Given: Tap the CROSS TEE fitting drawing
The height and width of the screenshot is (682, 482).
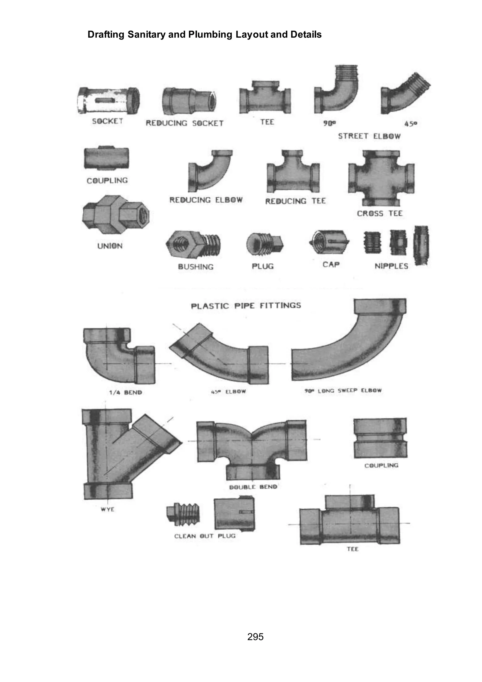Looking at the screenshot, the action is coord(381,178).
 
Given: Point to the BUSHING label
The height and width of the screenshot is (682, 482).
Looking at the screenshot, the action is coord(196,267).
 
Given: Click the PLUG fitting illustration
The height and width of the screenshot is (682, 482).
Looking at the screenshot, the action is coord(265,244).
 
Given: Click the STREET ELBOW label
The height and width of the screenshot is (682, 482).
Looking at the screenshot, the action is coord(369,136).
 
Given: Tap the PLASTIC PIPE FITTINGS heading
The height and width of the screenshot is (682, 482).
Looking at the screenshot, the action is coord(246,306).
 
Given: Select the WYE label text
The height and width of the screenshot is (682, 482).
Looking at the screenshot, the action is coord(108,509).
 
